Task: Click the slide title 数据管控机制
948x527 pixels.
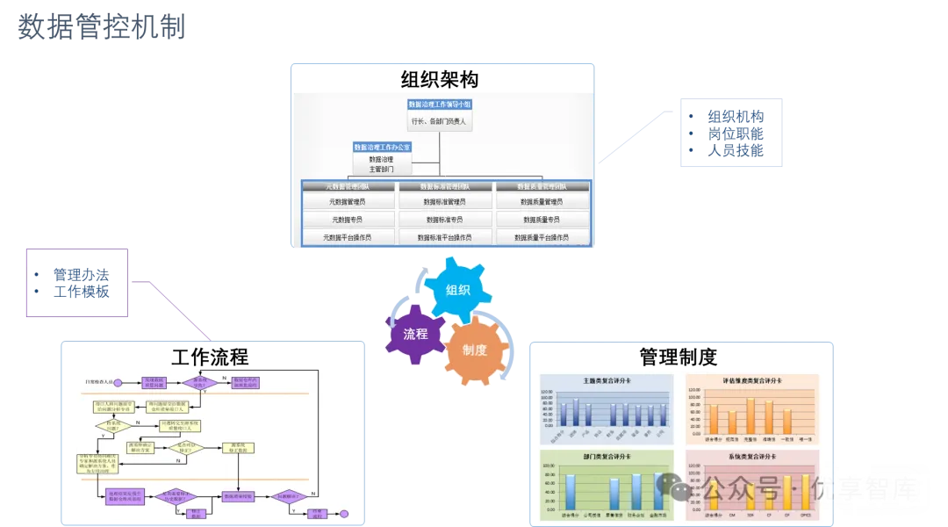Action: (x=102, y=27)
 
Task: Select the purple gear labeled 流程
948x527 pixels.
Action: (x=415, y=334)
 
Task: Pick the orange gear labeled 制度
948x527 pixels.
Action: (x=475, y=350)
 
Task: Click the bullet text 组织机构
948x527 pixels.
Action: (x=736, y=117)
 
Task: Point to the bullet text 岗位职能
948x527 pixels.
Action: (x=736, y=134)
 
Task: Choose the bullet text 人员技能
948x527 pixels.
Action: (x=736, y=150)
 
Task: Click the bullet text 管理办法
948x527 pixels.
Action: (x=81, y=275)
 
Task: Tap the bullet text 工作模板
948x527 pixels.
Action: (x=81, y=292)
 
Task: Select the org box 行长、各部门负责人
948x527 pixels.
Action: (x=439, y=121)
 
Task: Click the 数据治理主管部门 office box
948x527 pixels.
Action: (x=381, y=164)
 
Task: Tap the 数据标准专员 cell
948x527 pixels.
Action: (x=444, y=220)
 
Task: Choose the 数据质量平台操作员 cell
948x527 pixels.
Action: (x=541, y=237)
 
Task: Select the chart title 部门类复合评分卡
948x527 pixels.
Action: (x=606, y=458)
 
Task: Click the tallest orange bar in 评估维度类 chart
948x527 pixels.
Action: (x=750, y=415)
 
